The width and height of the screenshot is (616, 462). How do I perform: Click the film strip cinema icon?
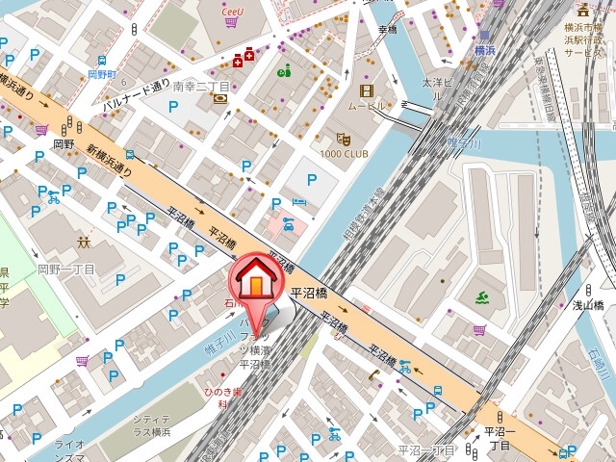366,90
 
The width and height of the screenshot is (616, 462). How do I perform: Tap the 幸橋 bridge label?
388,30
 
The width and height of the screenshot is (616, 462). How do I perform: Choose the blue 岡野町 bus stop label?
102,73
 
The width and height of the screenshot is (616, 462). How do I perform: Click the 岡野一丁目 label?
65,270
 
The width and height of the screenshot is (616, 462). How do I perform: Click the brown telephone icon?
372,374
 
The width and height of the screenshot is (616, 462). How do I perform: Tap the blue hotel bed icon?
298,203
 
